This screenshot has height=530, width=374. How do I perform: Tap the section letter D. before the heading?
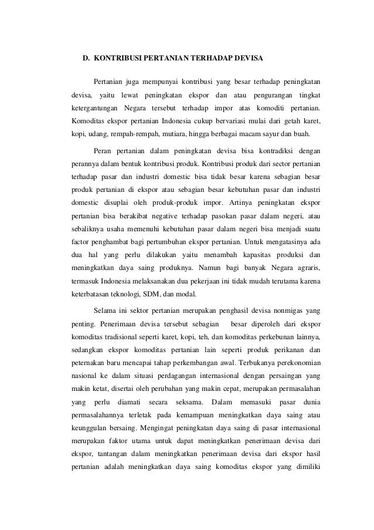(85, 59)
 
